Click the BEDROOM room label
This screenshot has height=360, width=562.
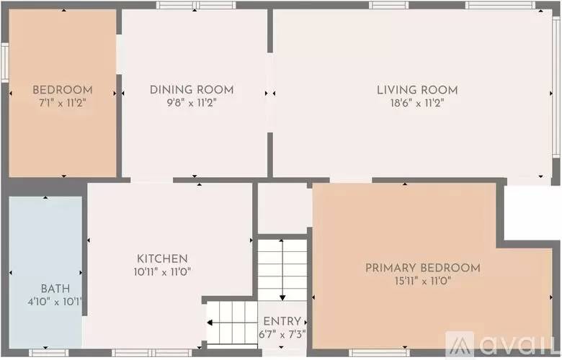coord(63,89)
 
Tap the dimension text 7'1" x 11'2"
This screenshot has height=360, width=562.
coord(63,102)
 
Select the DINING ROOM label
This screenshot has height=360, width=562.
coord(192,89)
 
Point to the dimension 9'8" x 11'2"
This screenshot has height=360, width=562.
coord(192,102)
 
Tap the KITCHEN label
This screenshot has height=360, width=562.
coord(163,258)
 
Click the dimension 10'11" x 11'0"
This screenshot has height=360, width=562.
coord(163,271)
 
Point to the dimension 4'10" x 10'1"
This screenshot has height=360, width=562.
coord(45,301)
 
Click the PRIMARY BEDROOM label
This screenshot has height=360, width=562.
coord(422,268)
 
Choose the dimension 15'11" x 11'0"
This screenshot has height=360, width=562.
coord(422,281)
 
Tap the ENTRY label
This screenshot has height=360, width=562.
coord(282,321)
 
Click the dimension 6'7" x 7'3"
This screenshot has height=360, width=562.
coord(282,334)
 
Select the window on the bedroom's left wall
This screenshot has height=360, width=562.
coord(4,65)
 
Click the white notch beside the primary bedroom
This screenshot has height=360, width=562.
coord(532,212)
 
